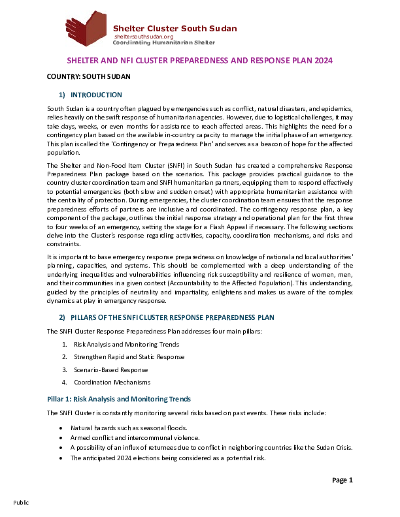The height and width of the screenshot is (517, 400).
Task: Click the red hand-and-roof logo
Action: pyautogui.click(x=86, y=28)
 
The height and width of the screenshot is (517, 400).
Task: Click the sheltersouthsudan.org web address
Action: pyautogui.click(x=144, y=37)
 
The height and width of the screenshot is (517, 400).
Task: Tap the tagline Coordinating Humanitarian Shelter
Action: pyautogui.click(x=163, y=42)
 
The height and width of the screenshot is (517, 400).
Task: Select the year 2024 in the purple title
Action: pyautogui.click(x=324, y=60)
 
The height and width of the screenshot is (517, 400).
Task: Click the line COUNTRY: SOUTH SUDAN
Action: pyautogui.click(x=88, y=77)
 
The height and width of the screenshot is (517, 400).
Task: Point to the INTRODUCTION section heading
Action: pyautogui.click(x=96, y=95)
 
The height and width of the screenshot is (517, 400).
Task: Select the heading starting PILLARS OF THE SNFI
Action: pyautogui.click(x=173, y=317)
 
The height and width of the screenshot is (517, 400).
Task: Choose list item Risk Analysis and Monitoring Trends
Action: pyautogui.click(x=126, y=345)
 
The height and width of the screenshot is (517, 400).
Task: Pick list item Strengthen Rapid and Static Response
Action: pyautogui.click(x=129, y=357)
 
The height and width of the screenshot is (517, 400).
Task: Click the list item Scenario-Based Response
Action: pyautogui.click(x=110, y=370)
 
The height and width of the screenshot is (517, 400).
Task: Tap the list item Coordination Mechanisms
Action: pyautogui.click(x=112, y=383)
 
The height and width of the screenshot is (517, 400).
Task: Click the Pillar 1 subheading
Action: pyautogui.click(x=119, y=399)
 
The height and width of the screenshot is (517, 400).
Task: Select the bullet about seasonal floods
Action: pyautogui.click(x=129, y=428)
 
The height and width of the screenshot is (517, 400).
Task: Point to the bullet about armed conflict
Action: pyautogui.click(x=135, y=438)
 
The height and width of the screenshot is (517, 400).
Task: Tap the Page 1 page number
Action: pyautogui.click(x=342, y=480)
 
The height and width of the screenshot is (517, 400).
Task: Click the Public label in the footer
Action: pyautogui.click(x=21, y=503)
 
